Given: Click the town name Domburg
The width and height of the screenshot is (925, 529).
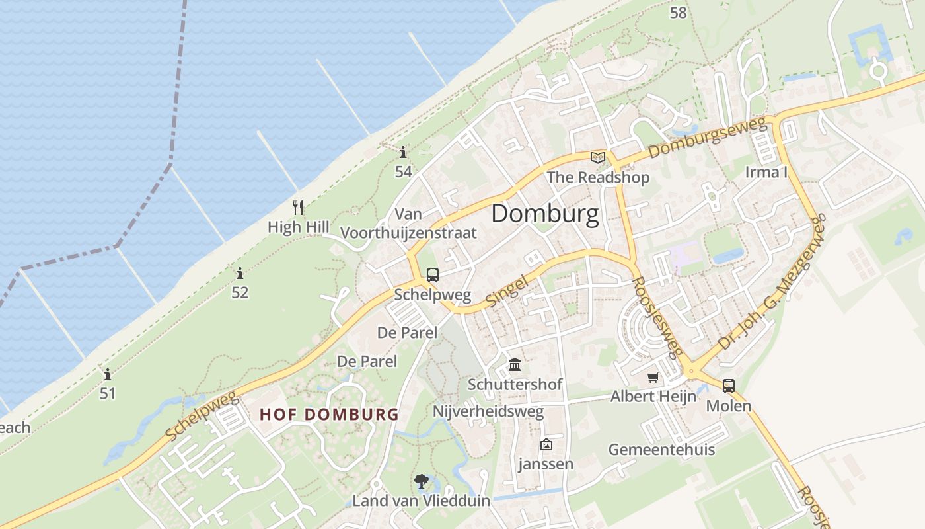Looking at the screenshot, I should [x=545, y=214].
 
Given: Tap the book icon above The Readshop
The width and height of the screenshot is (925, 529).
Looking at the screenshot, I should [x=598, y=157].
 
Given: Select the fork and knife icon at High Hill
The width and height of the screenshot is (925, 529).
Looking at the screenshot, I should [x=298, y=208].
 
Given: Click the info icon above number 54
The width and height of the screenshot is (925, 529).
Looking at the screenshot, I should [x=403, y=153].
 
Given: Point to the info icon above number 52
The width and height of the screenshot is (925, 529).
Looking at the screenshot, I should [x=240, y=272].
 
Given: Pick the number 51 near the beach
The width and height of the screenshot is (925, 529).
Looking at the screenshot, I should [x=108, y=393].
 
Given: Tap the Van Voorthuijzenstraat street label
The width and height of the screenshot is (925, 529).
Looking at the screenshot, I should [x=408, y=224].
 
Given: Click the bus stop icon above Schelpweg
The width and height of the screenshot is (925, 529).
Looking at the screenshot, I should [x=432, y=275].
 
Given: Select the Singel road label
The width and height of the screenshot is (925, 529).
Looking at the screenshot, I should [x=507, y=291].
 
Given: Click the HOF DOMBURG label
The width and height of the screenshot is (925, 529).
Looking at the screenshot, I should [x=329, y=415].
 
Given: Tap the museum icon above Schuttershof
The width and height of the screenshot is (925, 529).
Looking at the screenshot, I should [x=515, y=364].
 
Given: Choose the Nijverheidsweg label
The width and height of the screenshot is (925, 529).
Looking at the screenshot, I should [x=488, y=411].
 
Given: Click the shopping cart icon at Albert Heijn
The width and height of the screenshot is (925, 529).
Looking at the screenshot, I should [x=653, y=377].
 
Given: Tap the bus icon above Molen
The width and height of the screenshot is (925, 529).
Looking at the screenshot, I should [x=729, y=386].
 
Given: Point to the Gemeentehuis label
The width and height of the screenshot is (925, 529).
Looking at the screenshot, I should [x=661, y=450].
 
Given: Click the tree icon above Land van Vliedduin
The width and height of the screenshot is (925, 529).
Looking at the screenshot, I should [x=421, y=481].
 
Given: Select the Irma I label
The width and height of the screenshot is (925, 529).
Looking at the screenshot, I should [x=766, y=172].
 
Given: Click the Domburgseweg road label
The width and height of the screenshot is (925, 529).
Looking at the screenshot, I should [x=706, y=138].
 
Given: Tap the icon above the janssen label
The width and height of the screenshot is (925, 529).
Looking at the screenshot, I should [x=546, y=444].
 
